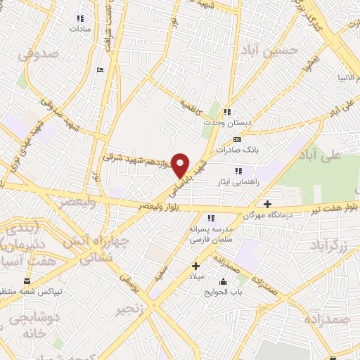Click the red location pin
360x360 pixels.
coord(181,165)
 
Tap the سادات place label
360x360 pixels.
coord(80,30)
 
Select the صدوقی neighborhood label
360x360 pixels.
coord(36,53)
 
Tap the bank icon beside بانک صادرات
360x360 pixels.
coord(237,139)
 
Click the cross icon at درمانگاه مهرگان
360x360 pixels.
coord(268,204)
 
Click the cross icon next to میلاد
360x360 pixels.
coord(196,266)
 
